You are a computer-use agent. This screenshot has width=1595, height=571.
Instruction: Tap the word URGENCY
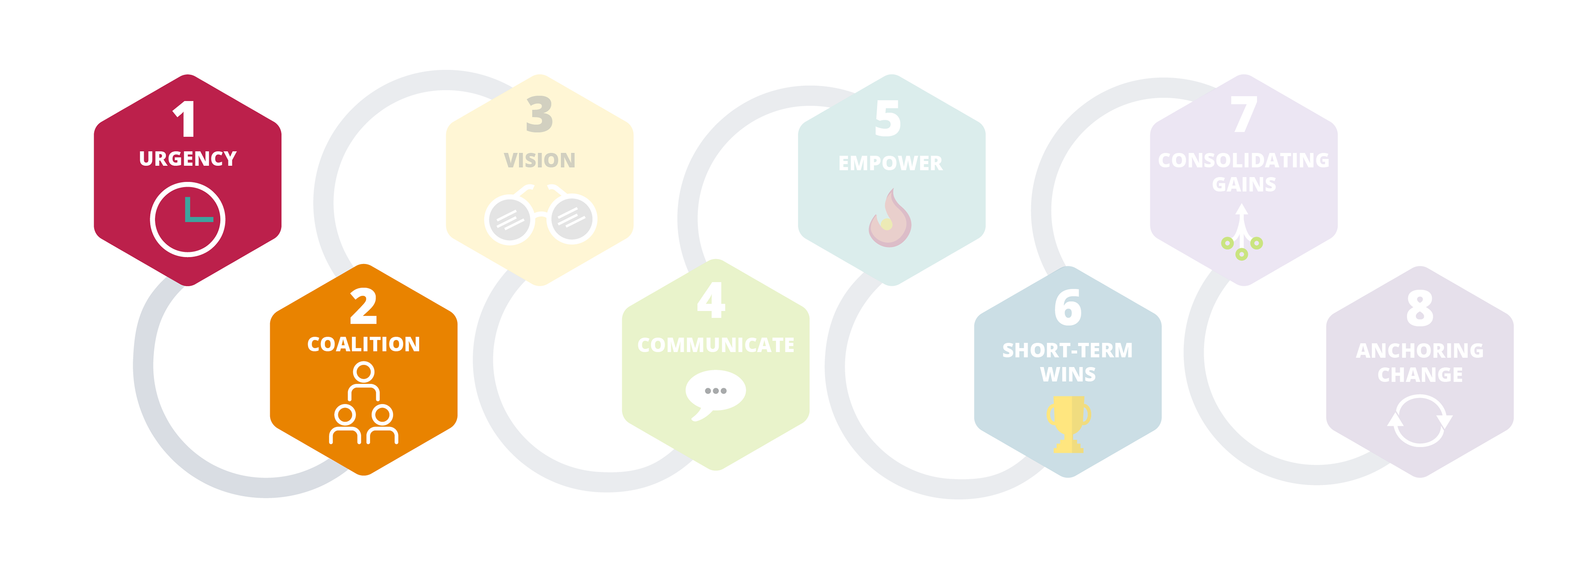188,159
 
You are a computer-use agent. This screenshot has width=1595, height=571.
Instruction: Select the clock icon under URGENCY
188,219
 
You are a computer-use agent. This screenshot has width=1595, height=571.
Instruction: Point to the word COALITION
363,344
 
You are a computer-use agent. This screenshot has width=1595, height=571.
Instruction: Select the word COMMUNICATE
716,345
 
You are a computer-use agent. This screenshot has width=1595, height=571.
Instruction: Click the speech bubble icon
715,393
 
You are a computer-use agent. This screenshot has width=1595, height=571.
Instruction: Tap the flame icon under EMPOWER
890,219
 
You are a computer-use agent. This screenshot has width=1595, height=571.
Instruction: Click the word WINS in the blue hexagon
1067,374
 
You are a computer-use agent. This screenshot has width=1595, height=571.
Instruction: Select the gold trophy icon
1068,424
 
